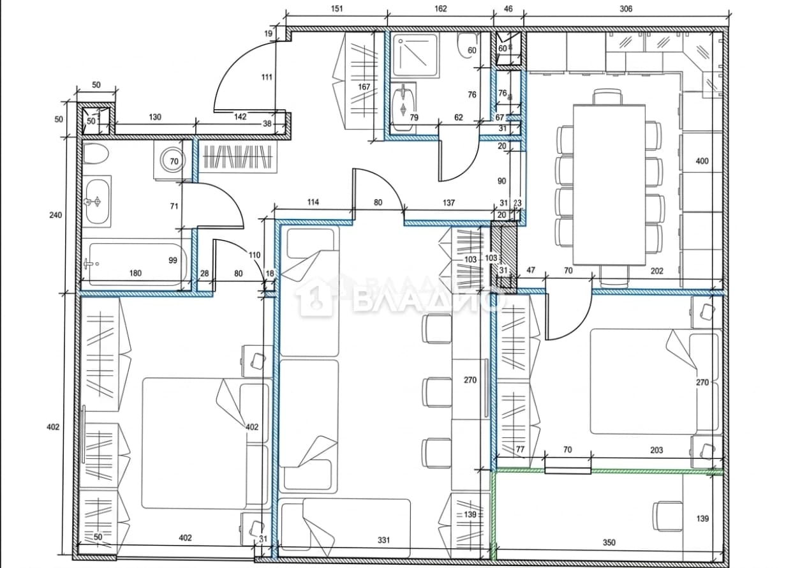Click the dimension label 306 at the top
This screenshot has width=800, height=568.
pyautogui.click(x=626, y=8)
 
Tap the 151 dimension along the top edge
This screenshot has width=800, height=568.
pyautogui.click(x=336, y=8)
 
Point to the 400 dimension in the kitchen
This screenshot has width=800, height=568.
pyautogui.click(x=702, y=161)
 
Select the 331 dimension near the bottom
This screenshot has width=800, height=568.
pyautogui.click(x=383, y=540)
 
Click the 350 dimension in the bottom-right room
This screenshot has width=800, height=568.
pyautogui.click(x=609, y=542)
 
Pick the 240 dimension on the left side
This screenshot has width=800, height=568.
pyautogui.click(x=56, y=215)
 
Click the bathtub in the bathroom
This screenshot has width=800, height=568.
pyautogui.click(x=138, y=265)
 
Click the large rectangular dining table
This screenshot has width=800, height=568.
pyautogui.click(x=609, y=185)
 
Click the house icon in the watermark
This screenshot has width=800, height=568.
pyautogui.click(x=315, y=297)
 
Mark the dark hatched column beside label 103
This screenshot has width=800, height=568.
pyautogui.click(x=504, y=258)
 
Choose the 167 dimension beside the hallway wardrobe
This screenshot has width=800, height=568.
pyautogui.click(x=364, y=87)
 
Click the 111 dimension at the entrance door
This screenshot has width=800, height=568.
pyautogui.click(x=267, y=77)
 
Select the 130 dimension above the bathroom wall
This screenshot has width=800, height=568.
pyautogui.click(x=155, y=117)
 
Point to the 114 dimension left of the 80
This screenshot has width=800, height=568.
pyautogui.click(x=313, y=202)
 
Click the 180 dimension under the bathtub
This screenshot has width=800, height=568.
pyautogui.click(x=135, y=273)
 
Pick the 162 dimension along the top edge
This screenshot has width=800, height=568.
pyautogui.click(x=440, y=8)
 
